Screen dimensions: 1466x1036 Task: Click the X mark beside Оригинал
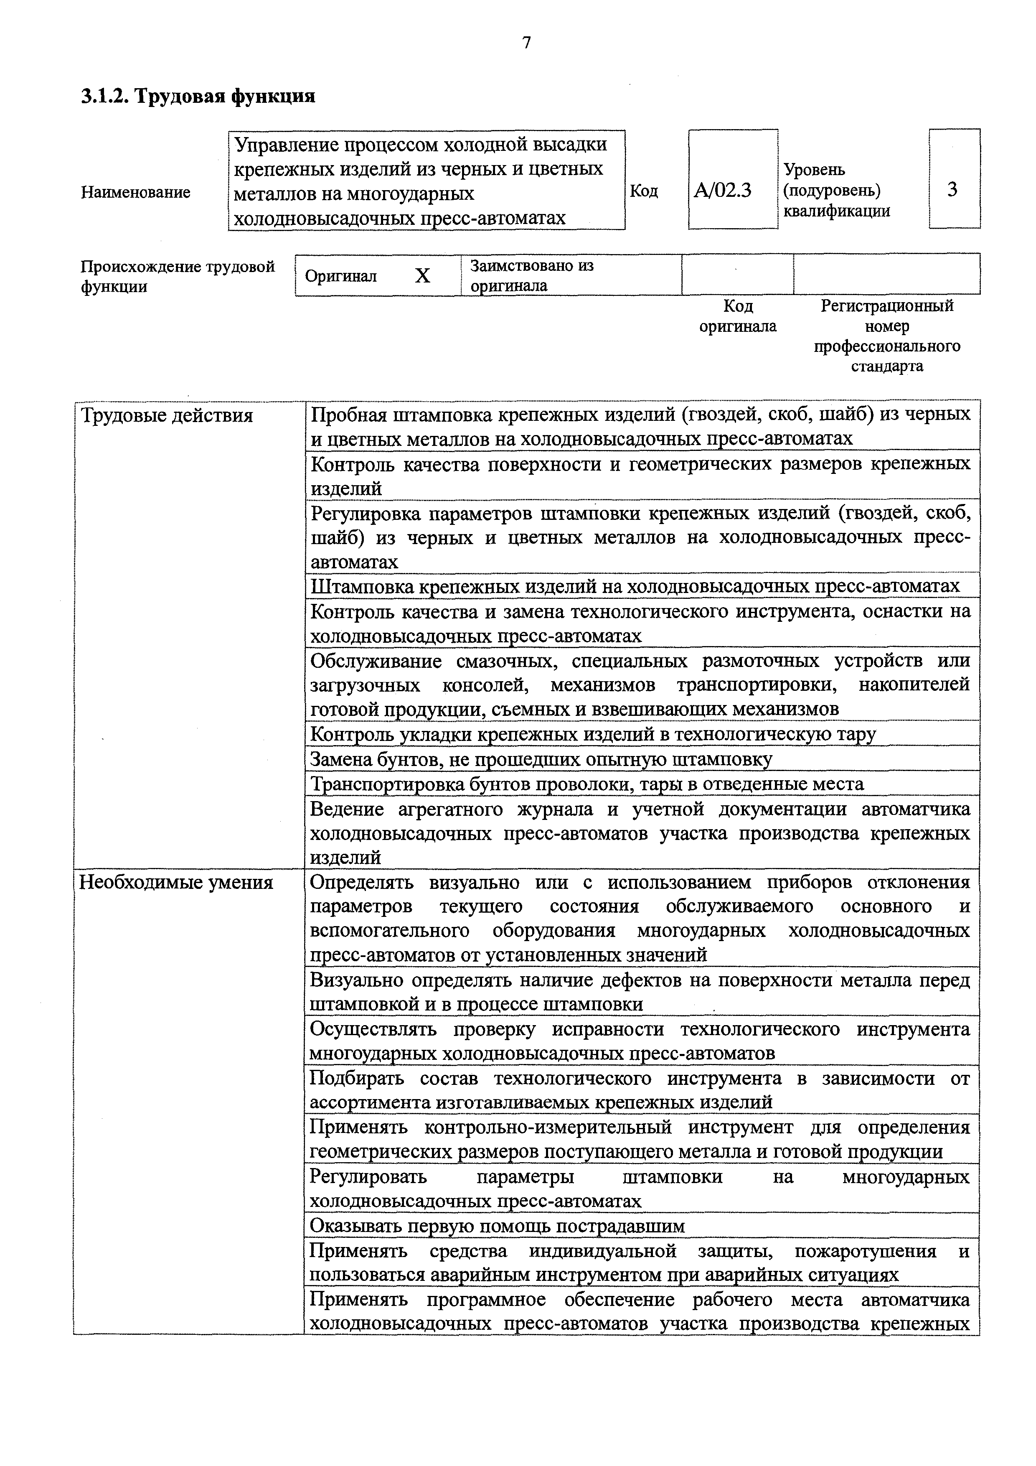(423, 276)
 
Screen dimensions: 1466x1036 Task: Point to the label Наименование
(135, 192)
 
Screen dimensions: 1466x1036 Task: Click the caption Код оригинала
(738, 316)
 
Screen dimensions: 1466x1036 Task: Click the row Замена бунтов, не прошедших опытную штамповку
(541, 759)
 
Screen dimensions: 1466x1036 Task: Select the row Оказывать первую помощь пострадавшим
(497, 1226)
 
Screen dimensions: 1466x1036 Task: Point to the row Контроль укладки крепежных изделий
(592, 734)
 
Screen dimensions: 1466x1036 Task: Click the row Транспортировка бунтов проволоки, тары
(587, 784)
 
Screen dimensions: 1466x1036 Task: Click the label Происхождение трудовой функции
(178, 276)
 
